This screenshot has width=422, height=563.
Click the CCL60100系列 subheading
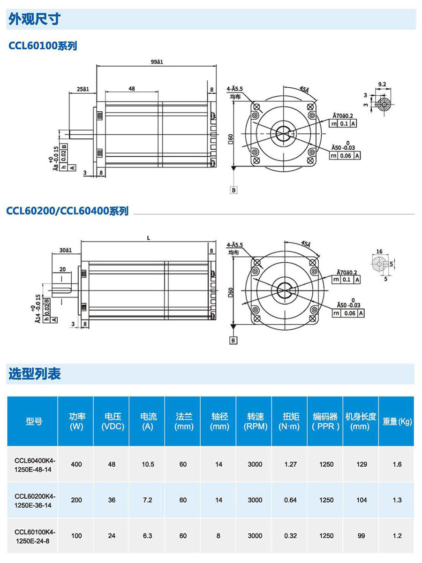(x=43, y=46)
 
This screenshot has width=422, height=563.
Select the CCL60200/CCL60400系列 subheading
(x=68, y=211)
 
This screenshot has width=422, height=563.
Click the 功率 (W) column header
(x=76, y=421)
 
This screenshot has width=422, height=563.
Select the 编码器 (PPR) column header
(x=325, y=421)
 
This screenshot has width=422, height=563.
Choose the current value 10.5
(x=148, y=464)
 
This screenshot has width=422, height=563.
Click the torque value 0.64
(x=290, y=500)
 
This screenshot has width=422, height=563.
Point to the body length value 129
(x=362, y=464)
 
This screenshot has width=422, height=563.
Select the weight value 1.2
(x=397, y=536)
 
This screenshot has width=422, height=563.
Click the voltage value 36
(x=112, y=500)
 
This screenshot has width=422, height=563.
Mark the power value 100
(x=76, y=536)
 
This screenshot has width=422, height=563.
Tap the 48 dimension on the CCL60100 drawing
(x=132, y=88)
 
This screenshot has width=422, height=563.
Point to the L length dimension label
(x=149, y=238)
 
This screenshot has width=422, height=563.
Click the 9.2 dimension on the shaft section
(x=382, y=84)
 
